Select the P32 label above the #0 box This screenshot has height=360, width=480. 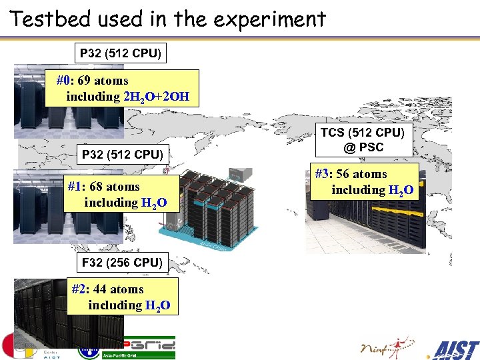point(121,53)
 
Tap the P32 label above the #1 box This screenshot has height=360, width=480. point(122,155)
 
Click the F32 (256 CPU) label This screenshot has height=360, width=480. point(121,263)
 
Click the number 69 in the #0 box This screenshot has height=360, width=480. point(84,81)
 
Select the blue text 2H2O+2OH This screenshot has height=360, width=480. point(157,97)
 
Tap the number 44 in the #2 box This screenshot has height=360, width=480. point(100,289)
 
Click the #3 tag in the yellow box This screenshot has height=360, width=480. point(323,174)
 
